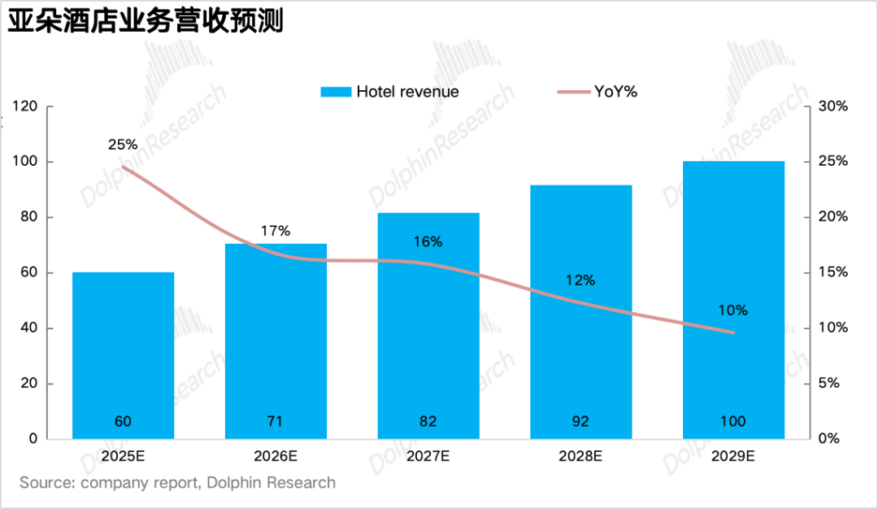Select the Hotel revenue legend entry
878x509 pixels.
(389, 92)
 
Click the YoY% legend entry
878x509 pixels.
(598, 92)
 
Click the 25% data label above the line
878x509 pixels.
(123, 145)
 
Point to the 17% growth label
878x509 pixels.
(276, 231)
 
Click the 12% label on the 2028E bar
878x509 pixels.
(580, 281)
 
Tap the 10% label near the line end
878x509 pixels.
(733, 311)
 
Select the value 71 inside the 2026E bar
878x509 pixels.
(276, 421)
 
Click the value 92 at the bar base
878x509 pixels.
(580, 421)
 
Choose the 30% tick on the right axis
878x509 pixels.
(832, 107)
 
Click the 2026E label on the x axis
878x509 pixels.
(276, 456)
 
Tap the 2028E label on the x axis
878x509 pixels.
(580, 456)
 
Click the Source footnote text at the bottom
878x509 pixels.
(177, 483)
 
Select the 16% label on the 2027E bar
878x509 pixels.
(428, 241)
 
